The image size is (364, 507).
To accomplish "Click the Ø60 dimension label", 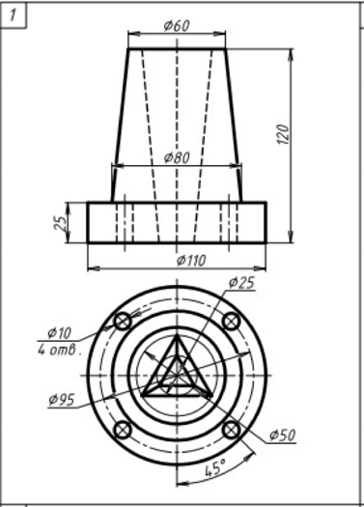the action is (177, 25).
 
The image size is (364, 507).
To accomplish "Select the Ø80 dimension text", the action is (177, 157).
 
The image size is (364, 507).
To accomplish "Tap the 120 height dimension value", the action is (283, 134).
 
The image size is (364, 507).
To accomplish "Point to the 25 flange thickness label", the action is (61, 223).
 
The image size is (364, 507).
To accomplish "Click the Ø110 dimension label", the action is (191, 261).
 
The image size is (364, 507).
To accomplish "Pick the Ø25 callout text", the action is (241, 283).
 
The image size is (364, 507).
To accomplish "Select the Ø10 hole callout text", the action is (60, 333).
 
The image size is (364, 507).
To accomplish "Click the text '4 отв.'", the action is (60, 350).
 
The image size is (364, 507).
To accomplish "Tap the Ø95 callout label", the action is (62, 400).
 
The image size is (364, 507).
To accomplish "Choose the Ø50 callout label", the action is (283, 436).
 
